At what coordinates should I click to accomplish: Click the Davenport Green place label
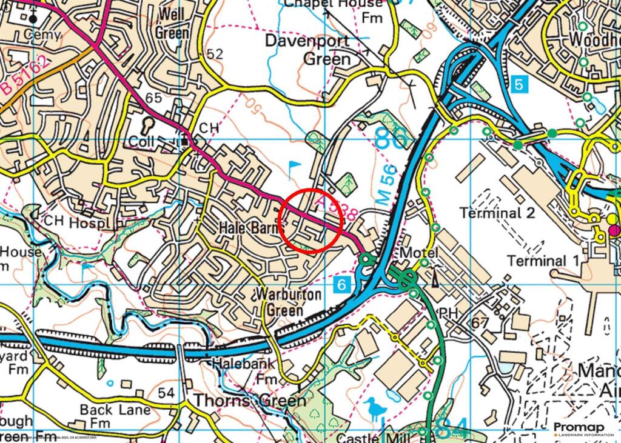pos(309,50)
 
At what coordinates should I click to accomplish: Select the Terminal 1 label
pos(543,261)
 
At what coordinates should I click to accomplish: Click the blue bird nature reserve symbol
pos(376,408)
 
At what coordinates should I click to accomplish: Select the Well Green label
pos(173,24)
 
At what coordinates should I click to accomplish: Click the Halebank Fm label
pos(243,370)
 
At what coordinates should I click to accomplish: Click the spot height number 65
pos(154,98)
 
